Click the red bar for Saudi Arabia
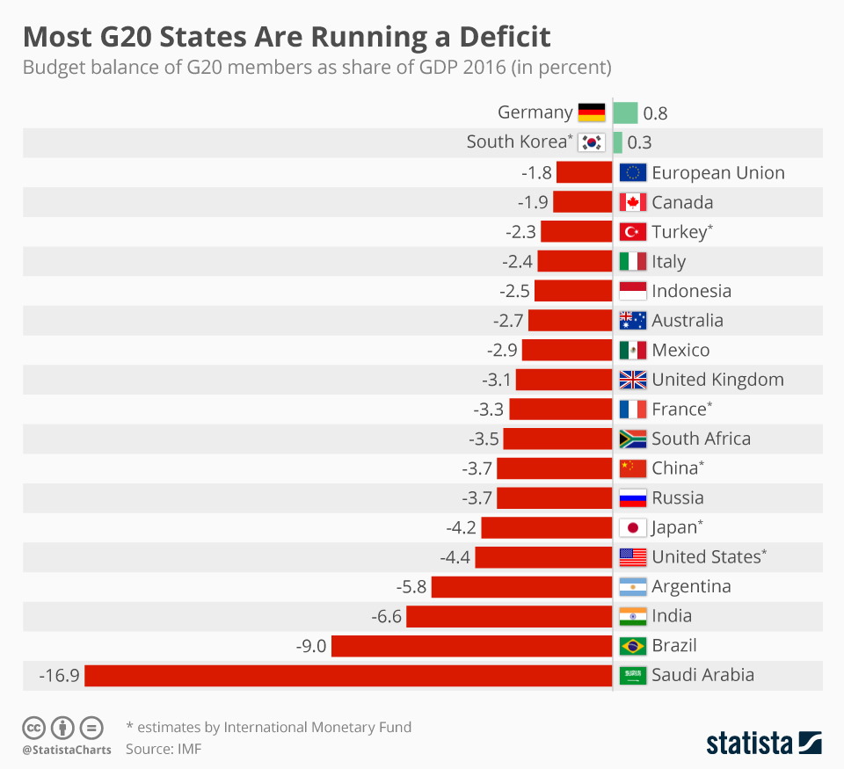coord(348,675)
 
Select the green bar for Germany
coord(625,112)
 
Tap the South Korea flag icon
coord(592,142)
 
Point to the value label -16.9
coord(60,676)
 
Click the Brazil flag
coord(633,646)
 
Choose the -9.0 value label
coord(311,646)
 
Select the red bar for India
coord(509,616)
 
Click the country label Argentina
coord(691,586)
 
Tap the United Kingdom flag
coord(633,380)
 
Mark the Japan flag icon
coord(633,527)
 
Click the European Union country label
coord(717,173)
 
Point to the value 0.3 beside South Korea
coord(639,142)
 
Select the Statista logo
coord(764,743)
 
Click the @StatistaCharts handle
coord(67,750)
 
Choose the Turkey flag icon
coord(633,232)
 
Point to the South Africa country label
coord(701,439)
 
